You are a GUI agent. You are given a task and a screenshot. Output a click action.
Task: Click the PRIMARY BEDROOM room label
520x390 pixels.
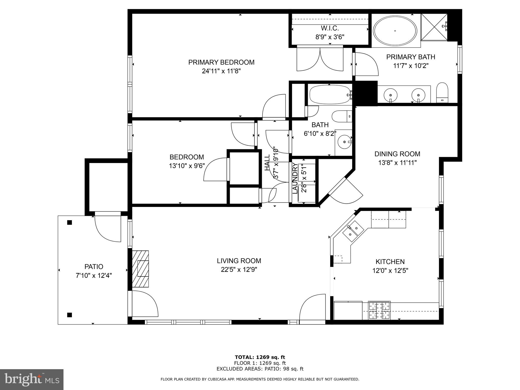[221, 62]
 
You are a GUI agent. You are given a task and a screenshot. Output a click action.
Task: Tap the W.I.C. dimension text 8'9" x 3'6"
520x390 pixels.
[330, 37]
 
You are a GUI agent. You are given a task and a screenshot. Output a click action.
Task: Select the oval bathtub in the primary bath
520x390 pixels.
[395, 31]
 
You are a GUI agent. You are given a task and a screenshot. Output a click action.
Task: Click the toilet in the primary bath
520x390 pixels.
[442, 93]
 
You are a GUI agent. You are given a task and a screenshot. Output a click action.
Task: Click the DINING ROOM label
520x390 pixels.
[397, 154]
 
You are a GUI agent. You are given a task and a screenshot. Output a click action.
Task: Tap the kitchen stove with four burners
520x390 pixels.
[379, 310]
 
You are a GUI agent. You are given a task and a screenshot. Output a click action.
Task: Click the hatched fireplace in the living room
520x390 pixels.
[140, 269]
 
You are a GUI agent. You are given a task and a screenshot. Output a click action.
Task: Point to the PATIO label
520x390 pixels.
[94, 267]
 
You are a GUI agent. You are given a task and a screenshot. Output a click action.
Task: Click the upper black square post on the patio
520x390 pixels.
[70, 223]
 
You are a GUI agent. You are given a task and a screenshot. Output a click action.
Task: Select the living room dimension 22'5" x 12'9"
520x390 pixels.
[239, 270]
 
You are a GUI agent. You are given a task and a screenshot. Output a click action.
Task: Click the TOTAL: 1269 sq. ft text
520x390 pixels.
[260, 357]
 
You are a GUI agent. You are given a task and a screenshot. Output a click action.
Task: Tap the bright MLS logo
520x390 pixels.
[32, 379]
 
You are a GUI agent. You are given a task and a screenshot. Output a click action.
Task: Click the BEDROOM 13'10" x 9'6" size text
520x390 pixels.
[187, 166]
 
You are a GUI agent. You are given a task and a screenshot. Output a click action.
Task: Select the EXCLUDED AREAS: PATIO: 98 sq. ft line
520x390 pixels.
[260, 369]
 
